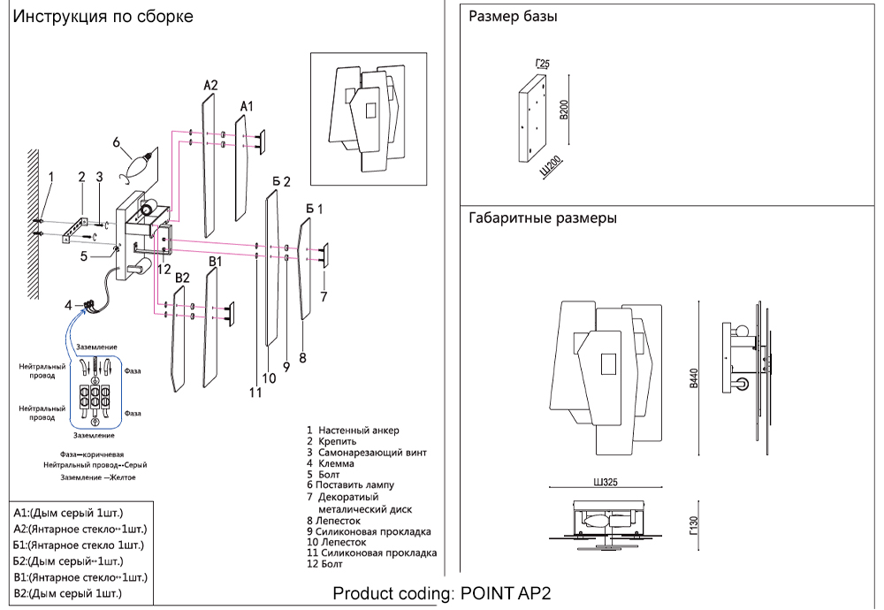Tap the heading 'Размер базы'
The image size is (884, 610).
click(x=513, y=17)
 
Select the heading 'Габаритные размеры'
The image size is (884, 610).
click(x=542, y=217)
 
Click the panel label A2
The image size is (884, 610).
click(x=210, y=86)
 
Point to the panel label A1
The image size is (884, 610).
click(x=247, y=106)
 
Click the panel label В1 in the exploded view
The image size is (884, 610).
click(x=216, y=263)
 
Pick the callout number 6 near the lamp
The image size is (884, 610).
click(x=116, y=141)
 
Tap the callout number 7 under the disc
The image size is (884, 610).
click(x=324, y=296)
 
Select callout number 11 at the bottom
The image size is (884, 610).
click(x=255, y=393)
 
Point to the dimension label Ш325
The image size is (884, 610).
click(x=605, y=483)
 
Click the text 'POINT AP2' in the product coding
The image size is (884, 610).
click(x=506, y=593)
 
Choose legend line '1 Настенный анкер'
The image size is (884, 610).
click(x=353, y=431)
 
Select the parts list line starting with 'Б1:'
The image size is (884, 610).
click(x=79, y=545)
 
